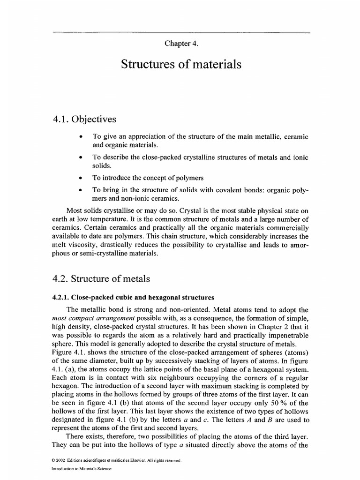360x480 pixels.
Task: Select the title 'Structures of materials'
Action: (181, 65)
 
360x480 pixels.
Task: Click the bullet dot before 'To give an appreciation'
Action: (82, 137)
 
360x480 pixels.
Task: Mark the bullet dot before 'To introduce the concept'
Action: (82, 178)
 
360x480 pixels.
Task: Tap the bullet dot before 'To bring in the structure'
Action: (82, 190)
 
